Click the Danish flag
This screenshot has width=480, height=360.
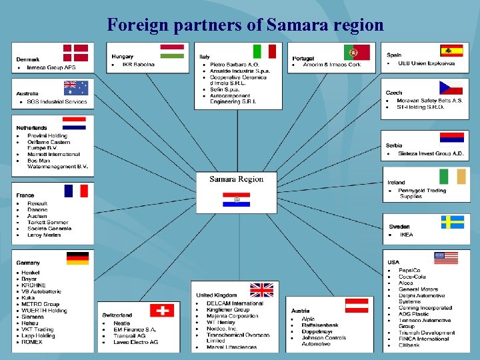click(75, 53)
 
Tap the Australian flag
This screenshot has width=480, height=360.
click(75, 88)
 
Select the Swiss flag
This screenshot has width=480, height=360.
click(161, 310)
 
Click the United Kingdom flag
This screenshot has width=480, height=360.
click(261, 290)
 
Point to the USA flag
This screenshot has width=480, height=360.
click(446, 258)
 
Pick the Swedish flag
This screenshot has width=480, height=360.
click(452, 222)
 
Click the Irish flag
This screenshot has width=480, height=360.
click(453, 176)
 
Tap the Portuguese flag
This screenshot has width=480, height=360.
click(357, 52)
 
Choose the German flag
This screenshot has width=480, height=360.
click(77, 258)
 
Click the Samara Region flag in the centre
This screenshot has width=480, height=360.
click(236, 199)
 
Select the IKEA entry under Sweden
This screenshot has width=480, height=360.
click(406, 235)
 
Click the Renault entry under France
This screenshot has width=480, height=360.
click(37, 203)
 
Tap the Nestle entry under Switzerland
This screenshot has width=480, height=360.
click(121, 323)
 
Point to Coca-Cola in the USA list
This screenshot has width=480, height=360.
click(412, 277)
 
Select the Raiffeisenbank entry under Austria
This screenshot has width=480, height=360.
click(320, 325)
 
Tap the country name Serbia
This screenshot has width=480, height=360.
click(394, 145)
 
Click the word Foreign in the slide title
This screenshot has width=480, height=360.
click(137, 25)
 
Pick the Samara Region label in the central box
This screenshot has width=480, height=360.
click(236, 179)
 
